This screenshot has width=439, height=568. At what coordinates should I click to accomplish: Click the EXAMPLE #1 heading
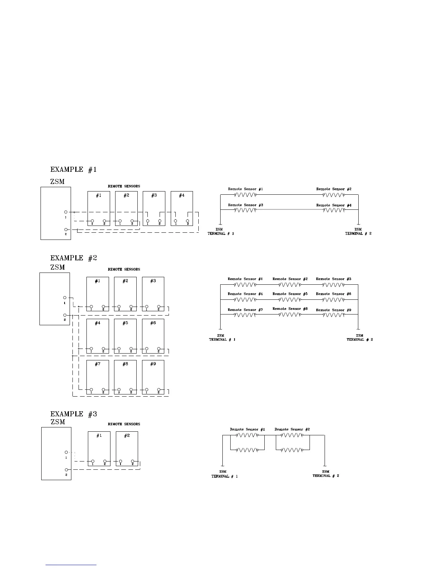(x=74, y=170)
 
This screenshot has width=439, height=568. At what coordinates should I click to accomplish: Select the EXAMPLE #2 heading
(x=74, y=258)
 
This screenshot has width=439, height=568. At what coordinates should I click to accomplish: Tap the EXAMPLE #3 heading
(x=74, y=414)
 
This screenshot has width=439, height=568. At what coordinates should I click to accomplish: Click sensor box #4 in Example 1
(x=182, y=208)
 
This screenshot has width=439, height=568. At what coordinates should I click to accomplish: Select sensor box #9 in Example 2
(x=153, y=377)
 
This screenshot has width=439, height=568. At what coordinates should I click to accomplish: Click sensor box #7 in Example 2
(x=98, y=377)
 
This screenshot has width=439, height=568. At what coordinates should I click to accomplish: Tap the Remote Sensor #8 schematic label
(x=290, y=309)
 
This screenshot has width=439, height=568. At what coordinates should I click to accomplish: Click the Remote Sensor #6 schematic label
(x=334, y=294)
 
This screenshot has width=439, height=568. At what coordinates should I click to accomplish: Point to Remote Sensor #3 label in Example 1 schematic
(x=246, y=205)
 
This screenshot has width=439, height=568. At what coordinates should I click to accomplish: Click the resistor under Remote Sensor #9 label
(x=334, y=315)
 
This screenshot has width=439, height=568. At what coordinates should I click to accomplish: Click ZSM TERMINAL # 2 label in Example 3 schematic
(x=326, y=474)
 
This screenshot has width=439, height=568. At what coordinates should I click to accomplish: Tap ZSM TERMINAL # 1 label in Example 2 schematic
(x=222, y=337)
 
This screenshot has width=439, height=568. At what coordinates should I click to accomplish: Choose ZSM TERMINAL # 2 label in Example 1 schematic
(x=358, y=231)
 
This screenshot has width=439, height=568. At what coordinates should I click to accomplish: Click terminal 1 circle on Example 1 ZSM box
(x=66, y=212)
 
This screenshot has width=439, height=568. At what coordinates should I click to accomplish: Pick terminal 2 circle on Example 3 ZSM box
(x=66, y=469)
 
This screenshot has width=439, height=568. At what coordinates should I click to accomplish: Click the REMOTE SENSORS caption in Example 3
(x=124, y=424)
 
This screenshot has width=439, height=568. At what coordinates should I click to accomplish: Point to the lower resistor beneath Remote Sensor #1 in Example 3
(x=247, y=450)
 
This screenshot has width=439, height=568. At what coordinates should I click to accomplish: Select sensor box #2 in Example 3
(x=127, y=448)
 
